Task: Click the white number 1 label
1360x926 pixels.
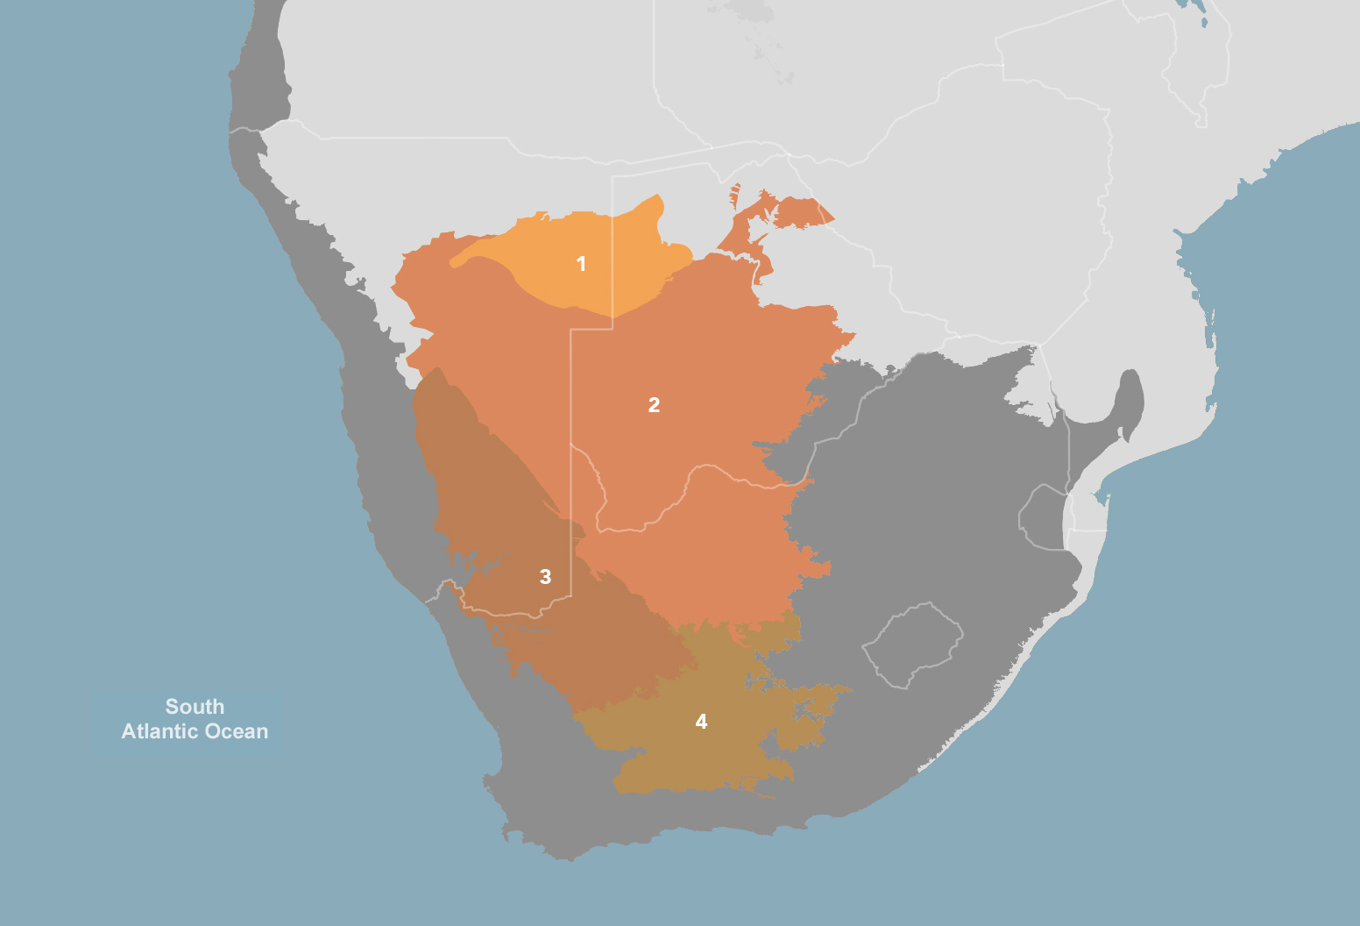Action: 581,264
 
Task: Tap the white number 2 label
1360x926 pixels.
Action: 654,405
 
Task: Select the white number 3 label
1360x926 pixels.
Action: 545,577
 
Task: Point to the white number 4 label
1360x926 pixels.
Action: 701,722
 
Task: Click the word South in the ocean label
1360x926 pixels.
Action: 195,707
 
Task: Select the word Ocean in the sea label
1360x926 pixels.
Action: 237,731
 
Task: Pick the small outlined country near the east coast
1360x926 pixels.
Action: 1043,517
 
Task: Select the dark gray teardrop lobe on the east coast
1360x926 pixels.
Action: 1130,399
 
